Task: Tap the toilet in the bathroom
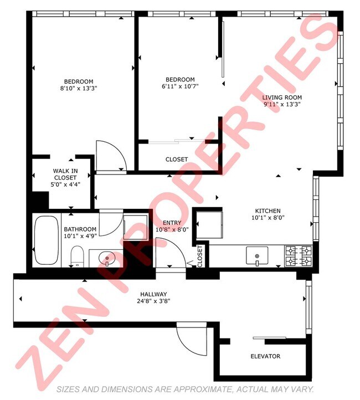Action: tap(77, 257)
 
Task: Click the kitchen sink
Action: tap(257, 256)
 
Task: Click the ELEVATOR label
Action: tap(265, 356)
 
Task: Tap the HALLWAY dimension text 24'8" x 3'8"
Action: tap(153, 301)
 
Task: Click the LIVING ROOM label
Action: tap(282, 98)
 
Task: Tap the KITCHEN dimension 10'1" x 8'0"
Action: tap(268, 218)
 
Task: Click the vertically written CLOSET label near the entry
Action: tap(200, 255)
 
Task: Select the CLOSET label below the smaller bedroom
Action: tap(177, 160)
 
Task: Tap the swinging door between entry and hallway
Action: tap(168, 252)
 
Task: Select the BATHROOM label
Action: tap(80, 229)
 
